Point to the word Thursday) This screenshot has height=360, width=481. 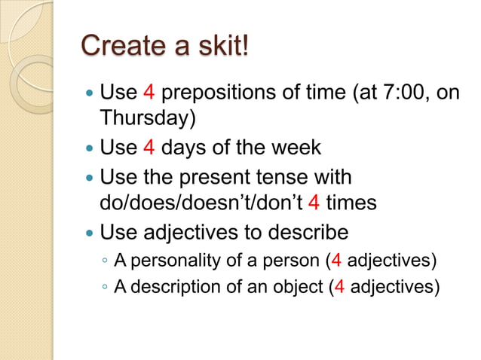142,119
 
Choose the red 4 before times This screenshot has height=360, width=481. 315,203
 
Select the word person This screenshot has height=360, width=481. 298,261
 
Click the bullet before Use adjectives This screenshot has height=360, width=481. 90,231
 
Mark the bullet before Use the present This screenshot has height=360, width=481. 90,178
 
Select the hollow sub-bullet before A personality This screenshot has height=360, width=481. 105,261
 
